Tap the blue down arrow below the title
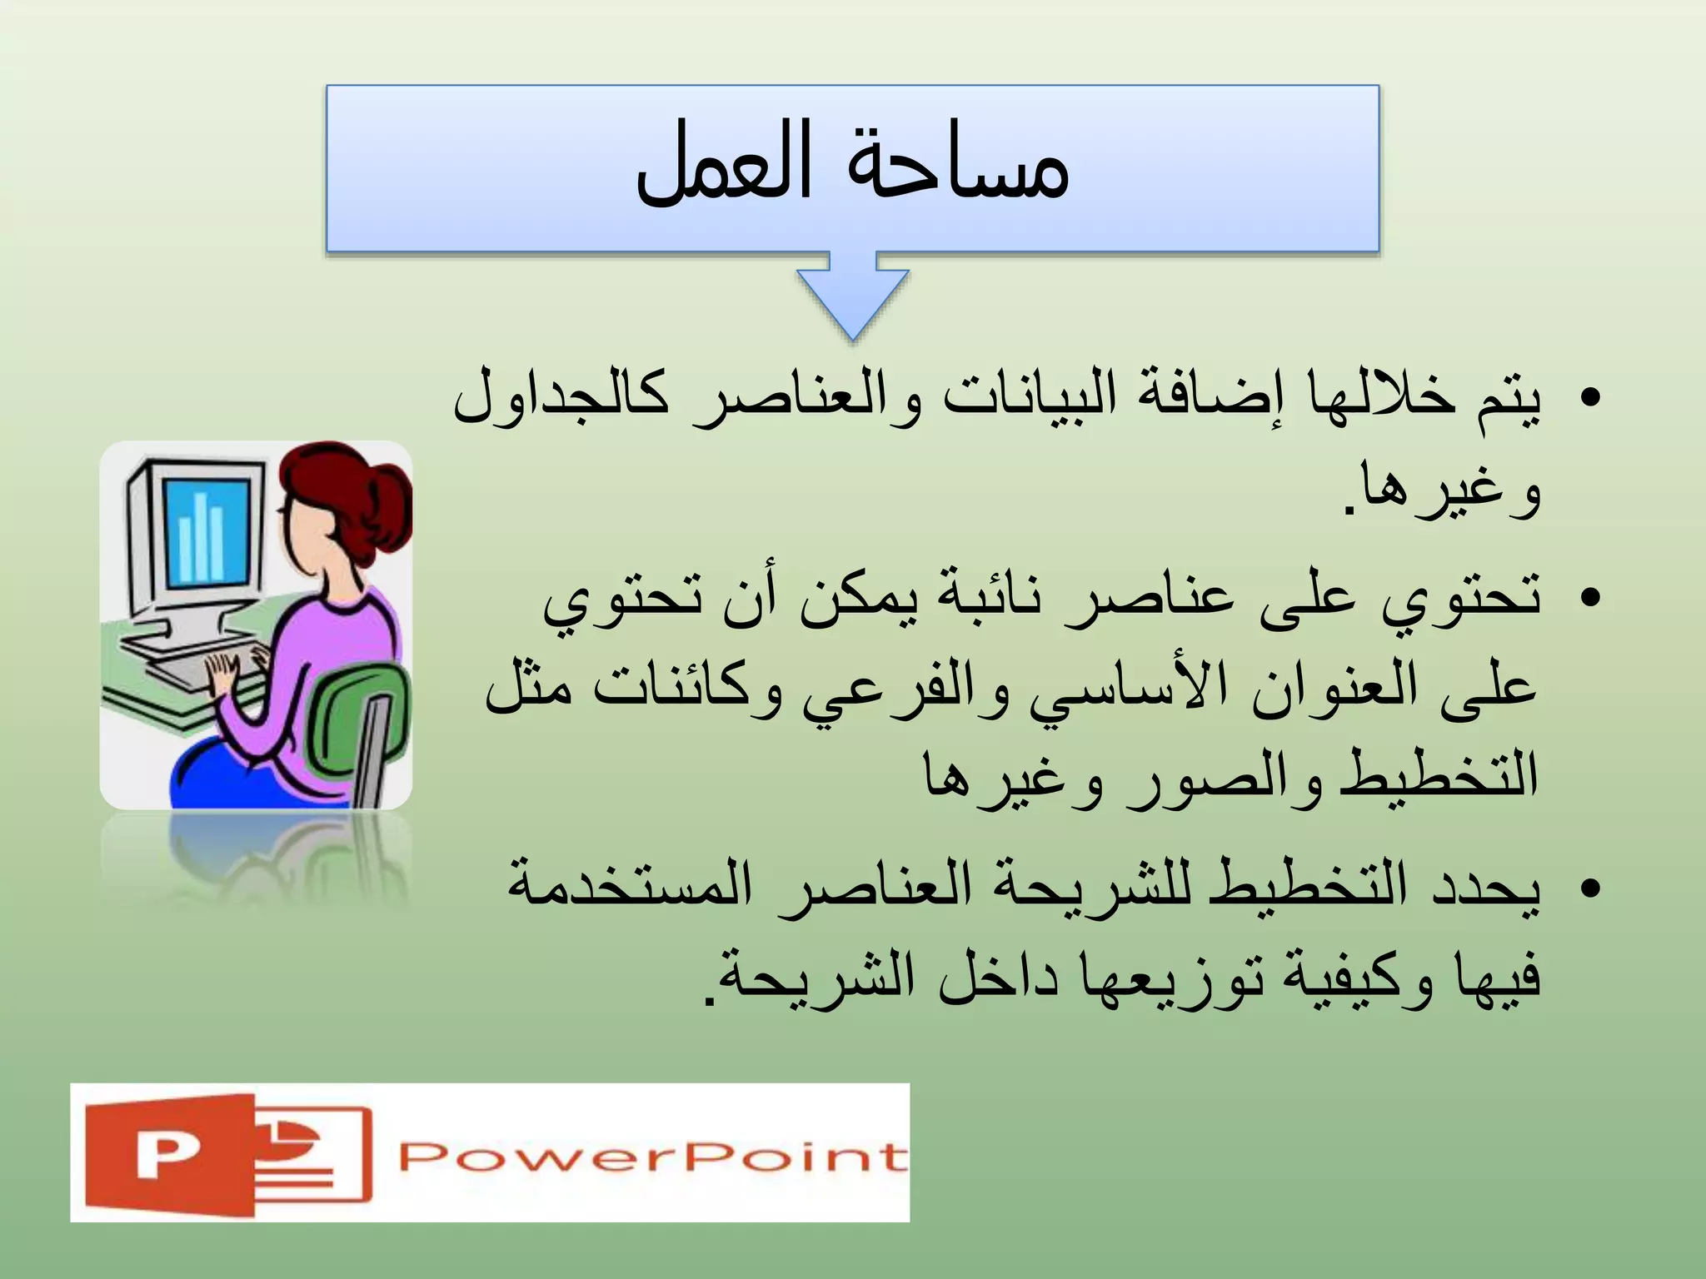point(852,300)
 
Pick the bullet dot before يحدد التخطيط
point(1589,888)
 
